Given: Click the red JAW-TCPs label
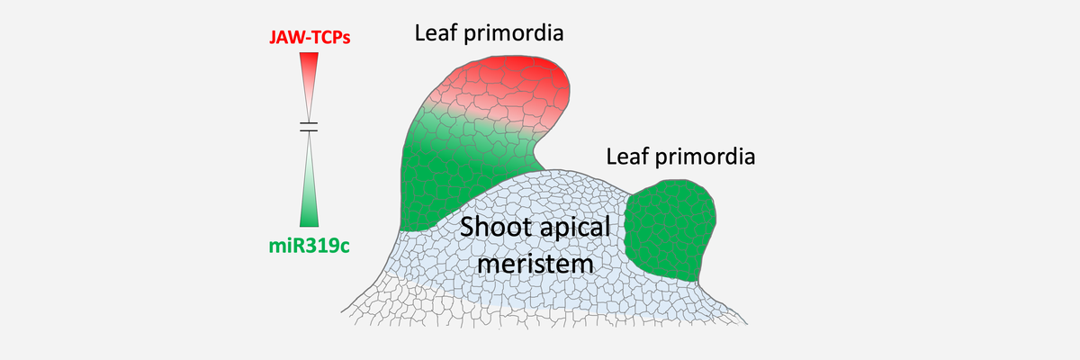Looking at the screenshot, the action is coord(310,37).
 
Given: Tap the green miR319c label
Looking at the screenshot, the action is coord(309,246).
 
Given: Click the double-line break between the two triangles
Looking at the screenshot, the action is coord(309,127).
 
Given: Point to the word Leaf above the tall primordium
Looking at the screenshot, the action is coord(436,32).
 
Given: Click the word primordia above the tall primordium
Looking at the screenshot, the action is coord(514,33).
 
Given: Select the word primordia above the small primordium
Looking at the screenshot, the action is coord(706,157).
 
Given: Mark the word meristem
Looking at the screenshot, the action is coord(535,264).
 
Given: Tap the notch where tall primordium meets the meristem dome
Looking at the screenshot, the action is coord(544,168).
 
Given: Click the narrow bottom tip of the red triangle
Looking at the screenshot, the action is coord(309,120).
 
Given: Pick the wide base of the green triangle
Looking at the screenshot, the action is coord(309,225).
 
